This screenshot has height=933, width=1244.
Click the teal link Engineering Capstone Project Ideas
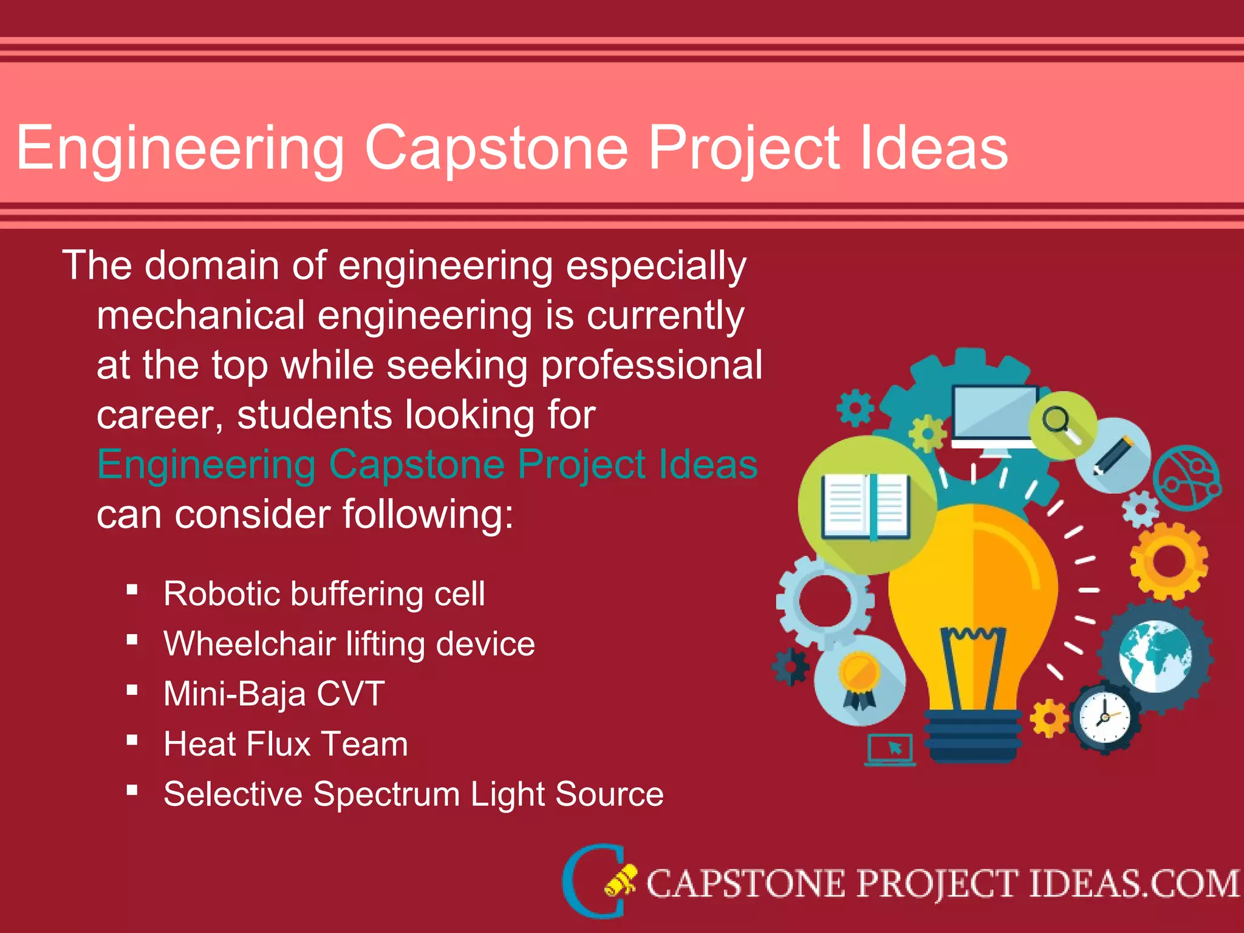pos(427,465)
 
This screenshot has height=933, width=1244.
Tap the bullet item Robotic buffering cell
pos(324,593)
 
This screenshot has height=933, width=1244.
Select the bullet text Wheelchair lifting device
pos(349,644)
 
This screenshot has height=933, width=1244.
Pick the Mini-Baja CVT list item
pos(274,694)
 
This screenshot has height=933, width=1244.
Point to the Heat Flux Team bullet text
pos(285,744)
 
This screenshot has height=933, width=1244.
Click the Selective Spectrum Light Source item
pos(413,794)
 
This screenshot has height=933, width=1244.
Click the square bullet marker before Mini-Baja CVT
pos(132,690)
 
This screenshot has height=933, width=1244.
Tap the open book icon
pos(866,507)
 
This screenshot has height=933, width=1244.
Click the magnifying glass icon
pos(1060,423)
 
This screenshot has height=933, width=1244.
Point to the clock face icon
pos(1104,717)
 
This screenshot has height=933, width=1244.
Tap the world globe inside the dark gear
pos(1154,657)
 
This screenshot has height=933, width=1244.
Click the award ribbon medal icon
pos(859,680)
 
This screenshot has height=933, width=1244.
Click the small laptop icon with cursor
pos(890,750)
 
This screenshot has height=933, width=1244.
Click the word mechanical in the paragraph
pos(200,316)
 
